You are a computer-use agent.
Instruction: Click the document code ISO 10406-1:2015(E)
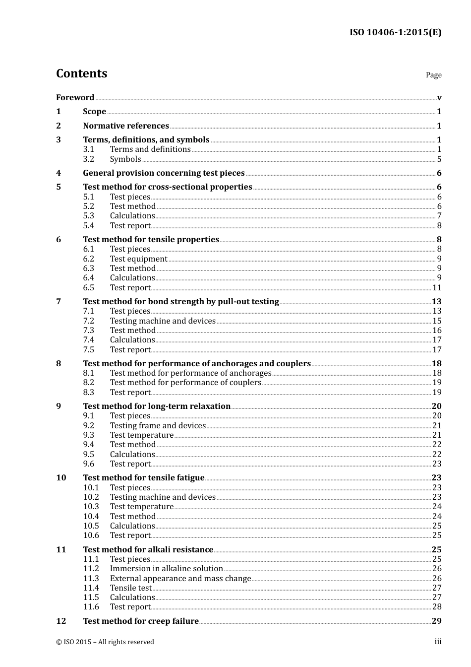(x=395, y=33)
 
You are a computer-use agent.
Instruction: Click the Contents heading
(x=81, y=73)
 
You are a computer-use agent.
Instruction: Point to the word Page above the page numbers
(x=433, y=75)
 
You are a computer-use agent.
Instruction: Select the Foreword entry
(x=75, y=98)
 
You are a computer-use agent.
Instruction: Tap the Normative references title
(x=126, y=126)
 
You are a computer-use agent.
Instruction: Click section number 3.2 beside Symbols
(x=88, y=159)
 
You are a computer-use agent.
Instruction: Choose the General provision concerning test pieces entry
(x=164, y=173)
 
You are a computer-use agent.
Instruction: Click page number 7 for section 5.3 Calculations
(x=439, y=216)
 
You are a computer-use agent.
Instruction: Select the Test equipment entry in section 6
(x=138, y=259)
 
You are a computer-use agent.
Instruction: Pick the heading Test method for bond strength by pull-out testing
(x=181, y=302)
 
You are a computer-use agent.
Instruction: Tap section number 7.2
(x=88, y=321)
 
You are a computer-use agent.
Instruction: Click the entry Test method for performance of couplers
(x=185, y=383)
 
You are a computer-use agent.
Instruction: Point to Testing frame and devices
(x=158, y=426)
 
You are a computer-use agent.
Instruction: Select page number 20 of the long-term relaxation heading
(x=436, y=406)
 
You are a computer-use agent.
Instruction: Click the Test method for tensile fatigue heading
(x=144, y=478)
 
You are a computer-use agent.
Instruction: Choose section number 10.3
(x=91, y=507)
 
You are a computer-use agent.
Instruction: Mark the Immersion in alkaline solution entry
(x=166, y=569)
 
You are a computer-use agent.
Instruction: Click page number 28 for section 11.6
(x=437, y=607)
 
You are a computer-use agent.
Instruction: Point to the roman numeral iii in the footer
(x=438, y=642)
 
